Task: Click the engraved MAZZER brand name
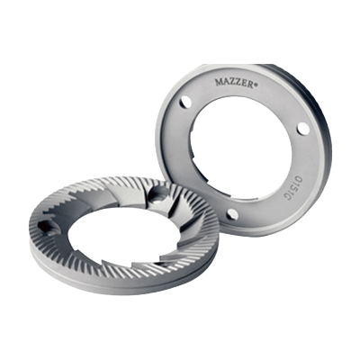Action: coord(235,82)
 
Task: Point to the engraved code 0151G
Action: coord(295,188)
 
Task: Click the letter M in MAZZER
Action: coord(219,81)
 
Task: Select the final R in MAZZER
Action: coord(251,85)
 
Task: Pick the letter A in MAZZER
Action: coord(225,82)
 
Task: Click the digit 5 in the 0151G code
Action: coord(295,188)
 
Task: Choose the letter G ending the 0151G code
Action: coord(292,197)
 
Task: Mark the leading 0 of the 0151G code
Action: coord(299,179)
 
